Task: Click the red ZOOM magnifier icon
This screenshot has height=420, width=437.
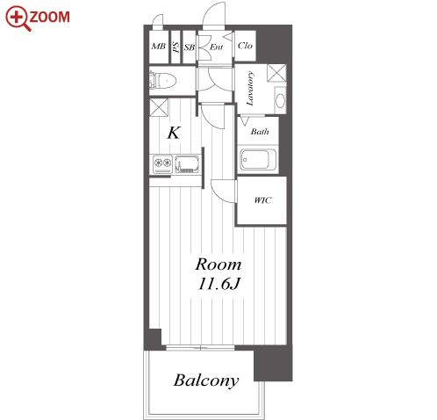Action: tap(18, 18)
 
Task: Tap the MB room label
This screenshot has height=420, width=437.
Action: tap(158, 47)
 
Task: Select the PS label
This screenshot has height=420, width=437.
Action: tap(176, 47)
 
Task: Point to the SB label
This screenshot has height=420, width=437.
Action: tap(189, 47)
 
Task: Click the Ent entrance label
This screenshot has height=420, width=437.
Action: tap(217, 47)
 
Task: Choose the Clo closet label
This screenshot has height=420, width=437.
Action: tap(245, 46)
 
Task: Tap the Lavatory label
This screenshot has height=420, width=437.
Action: tap(250, 88)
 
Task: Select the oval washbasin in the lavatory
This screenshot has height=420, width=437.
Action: tap(280, 101)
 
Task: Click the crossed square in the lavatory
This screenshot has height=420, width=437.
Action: tap(276, 73)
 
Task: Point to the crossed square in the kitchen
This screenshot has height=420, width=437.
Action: tap(159, 107)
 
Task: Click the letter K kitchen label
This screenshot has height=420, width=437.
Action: tap(174, 133)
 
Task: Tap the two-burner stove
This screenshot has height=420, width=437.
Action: tap(162, 163)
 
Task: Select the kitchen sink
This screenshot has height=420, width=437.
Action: tap(187, 163)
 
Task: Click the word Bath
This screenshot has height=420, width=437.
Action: tap(260, 132)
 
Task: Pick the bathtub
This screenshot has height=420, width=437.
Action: tap(258, 160)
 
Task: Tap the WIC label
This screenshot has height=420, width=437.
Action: tap(262, 200)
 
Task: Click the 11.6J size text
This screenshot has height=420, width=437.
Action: tap(219, 284)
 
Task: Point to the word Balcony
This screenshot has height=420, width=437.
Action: tap(206, 380)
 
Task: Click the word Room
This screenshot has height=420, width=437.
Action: tap(218, 264)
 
